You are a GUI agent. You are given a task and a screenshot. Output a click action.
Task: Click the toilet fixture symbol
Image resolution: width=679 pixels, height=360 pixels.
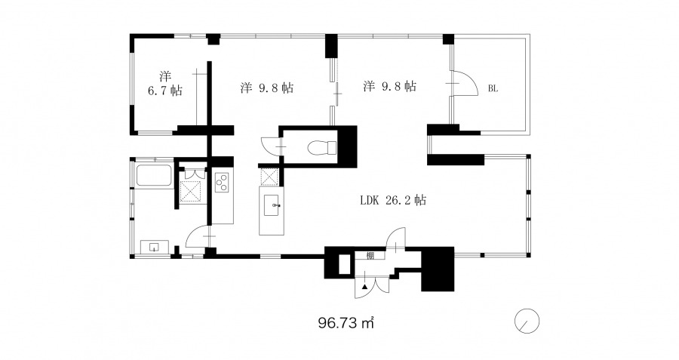tap(321, 147)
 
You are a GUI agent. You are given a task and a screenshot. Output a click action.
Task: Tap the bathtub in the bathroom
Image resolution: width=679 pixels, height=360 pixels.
tap(154, 176)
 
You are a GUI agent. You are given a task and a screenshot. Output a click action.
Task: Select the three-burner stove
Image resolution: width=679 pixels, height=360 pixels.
tap(222, 182)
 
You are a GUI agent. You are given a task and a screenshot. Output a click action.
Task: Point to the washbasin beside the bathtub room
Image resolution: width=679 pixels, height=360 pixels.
tap(155, 247)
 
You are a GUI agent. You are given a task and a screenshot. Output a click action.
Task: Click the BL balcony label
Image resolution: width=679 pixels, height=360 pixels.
tap(493, 89)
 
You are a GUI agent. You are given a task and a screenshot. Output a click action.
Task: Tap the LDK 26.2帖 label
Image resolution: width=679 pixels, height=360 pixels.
tap(393, 200)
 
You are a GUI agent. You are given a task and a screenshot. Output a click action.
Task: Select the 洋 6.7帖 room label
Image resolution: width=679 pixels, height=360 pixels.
tap(165, 84)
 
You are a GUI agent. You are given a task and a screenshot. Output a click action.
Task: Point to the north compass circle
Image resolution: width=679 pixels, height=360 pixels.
tap(527, 322)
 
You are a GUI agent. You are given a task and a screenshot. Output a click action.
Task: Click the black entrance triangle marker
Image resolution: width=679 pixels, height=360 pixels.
tap(365, 286)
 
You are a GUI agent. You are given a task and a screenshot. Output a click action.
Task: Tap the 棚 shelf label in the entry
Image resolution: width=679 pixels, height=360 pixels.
tap(370, 256)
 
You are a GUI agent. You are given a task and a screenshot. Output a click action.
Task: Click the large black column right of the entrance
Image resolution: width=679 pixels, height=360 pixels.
tap(438, 269)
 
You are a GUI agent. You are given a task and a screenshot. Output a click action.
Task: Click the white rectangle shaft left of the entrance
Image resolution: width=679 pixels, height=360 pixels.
tap(344, 264)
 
